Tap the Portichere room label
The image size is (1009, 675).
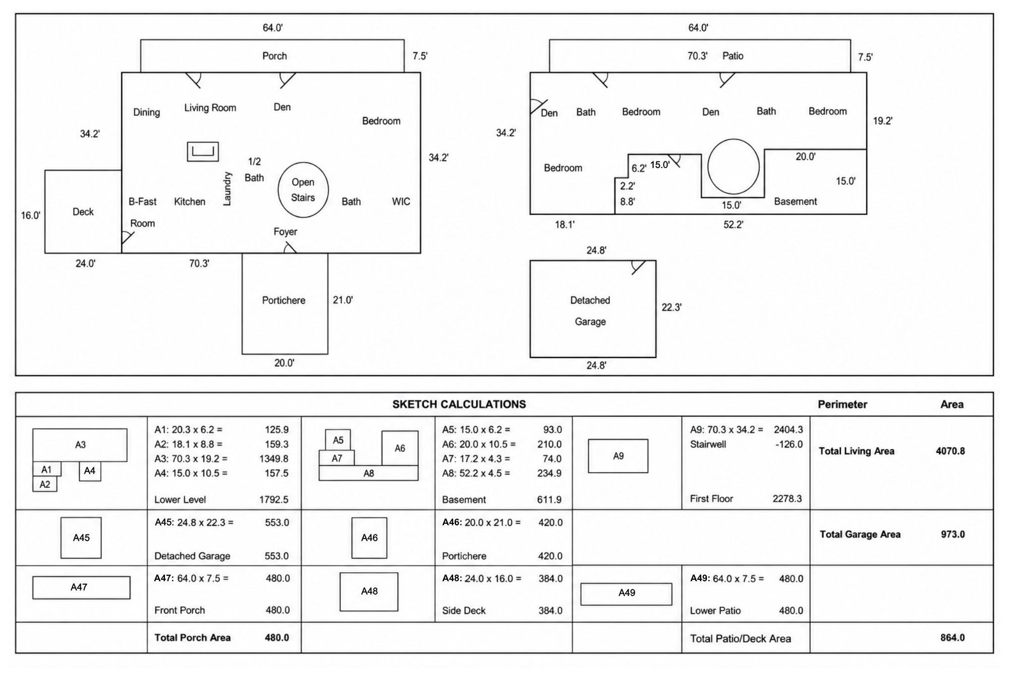284,300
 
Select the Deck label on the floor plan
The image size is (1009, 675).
83,212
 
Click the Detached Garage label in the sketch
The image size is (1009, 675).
590,311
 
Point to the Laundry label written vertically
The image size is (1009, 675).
227,189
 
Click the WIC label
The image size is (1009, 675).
401,202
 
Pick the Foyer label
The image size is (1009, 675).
286,232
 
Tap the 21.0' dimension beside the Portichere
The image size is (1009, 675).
343,300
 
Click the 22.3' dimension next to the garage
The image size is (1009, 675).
672,307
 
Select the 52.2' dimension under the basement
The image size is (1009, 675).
734,224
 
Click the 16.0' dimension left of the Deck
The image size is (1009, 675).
31,215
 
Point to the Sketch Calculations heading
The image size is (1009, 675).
459,404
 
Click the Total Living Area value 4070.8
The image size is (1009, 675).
950,451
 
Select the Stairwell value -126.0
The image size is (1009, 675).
789,444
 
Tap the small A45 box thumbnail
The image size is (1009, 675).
81,538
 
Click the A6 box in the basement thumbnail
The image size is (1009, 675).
400,448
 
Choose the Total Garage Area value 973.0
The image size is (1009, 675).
953,534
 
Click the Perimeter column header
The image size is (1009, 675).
843,404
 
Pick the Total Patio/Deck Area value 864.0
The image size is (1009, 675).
952,638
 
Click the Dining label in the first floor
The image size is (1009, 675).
147,112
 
